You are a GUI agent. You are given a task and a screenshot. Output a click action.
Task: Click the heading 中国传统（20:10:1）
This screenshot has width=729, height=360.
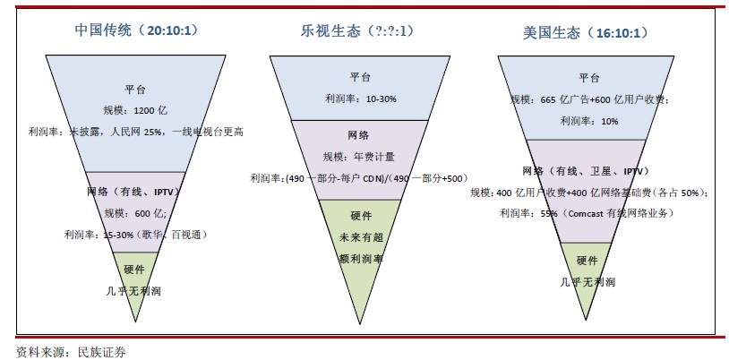(x=136, y=30)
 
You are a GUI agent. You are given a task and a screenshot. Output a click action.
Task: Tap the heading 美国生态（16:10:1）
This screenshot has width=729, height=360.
(x=584, y=32)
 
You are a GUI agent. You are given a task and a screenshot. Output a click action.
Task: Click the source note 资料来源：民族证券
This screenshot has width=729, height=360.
(x=71, y=351)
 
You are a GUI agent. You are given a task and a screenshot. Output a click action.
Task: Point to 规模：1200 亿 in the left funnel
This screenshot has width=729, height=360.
(x=135, y=110)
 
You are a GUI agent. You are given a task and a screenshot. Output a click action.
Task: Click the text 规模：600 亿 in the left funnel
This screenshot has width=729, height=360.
(x=135, y=213)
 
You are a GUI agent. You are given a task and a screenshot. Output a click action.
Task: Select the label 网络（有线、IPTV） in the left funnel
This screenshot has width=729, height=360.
(x=135, y=192)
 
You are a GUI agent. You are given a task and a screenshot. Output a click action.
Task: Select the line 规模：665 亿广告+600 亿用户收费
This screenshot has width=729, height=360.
(x=589, y=99)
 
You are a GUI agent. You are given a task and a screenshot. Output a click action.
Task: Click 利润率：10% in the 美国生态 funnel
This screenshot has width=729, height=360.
(x=589, y=121)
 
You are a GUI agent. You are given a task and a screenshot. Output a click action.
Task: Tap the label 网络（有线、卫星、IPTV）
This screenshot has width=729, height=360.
(x=585, y=170)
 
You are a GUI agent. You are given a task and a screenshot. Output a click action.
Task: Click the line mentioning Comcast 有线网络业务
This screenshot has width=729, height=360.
(x=587, y=213)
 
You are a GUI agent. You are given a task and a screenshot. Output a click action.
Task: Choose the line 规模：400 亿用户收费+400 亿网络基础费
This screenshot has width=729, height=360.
(x=589, y=192)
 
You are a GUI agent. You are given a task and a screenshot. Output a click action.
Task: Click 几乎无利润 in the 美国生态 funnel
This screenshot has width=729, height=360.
(x=587, y=282)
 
